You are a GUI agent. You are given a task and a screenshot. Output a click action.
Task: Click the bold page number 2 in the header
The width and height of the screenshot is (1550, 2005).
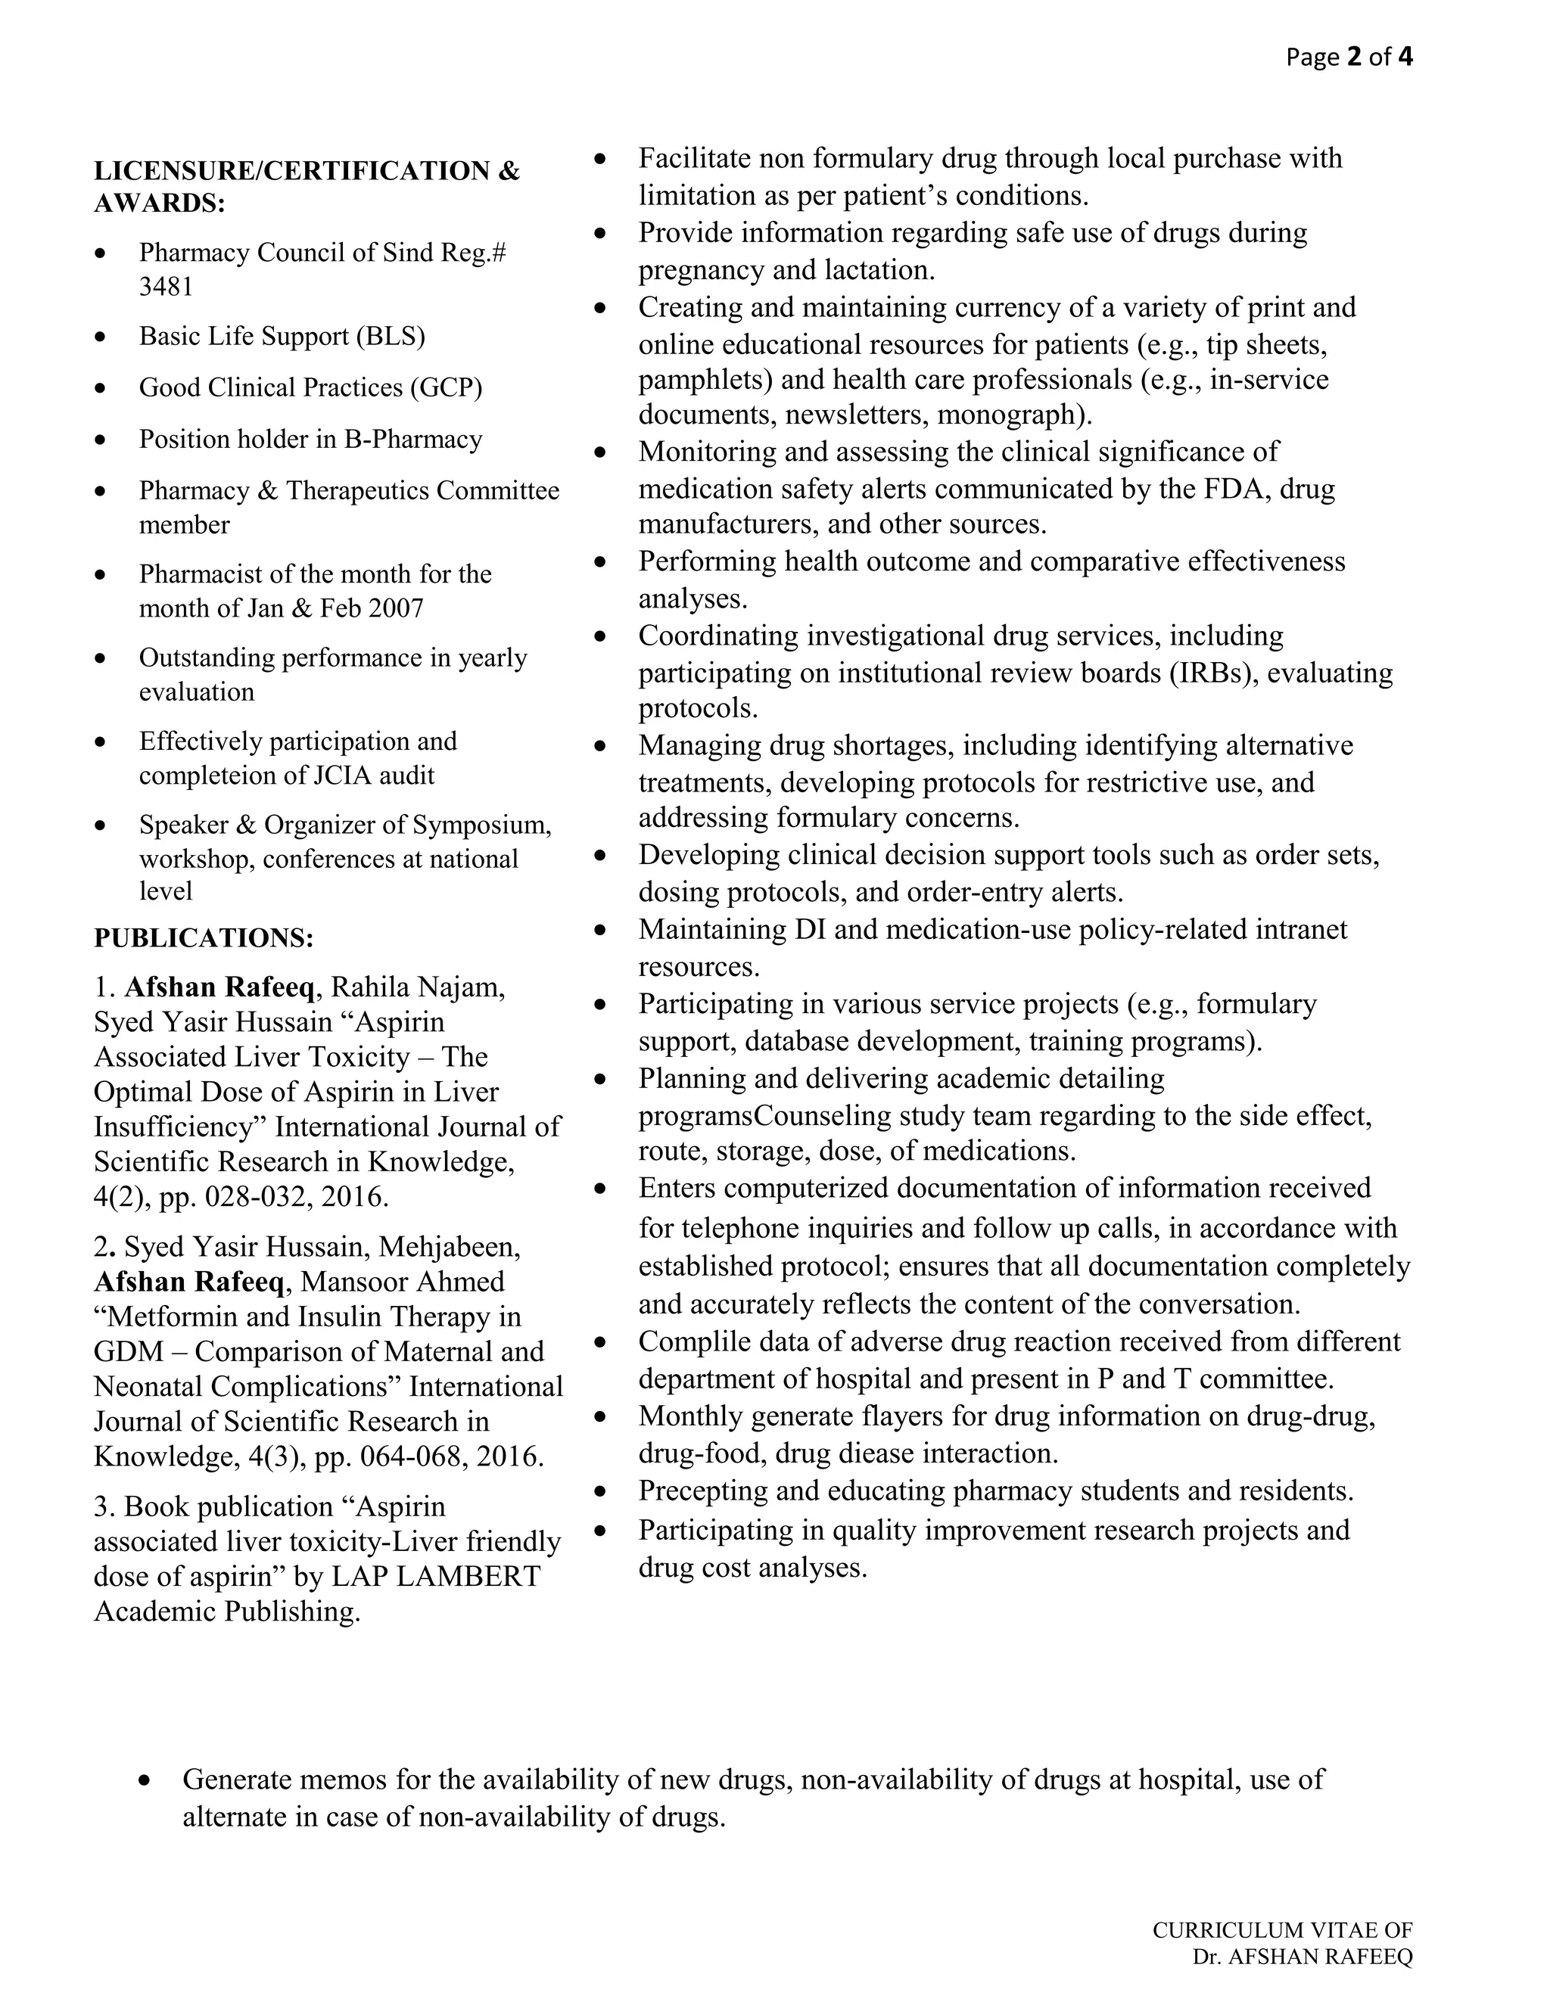tap(1353, 58)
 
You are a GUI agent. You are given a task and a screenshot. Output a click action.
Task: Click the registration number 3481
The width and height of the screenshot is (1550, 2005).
tap(167, 288)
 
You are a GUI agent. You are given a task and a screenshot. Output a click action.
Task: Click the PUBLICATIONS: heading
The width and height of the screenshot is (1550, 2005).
tap(204, 938)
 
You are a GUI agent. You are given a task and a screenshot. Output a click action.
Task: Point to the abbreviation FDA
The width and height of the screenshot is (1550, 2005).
tap(1234, 490)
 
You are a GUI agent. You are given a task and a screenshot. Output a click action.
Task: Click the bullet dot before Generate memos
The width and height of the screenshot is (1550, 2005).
tap(144, 1780)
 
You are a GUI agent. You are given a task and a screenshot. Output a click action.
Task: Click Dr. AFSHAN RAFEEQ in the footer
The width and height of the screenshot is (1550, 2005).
tap(1302, 1957)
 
